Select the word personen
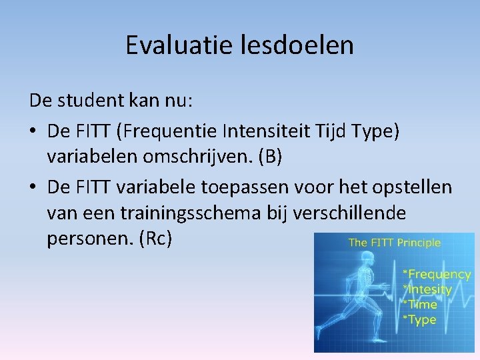(x=87, y=239)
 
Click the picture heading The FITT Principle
(x=394, y=243)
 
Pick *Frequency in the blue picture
(x=437, y=274)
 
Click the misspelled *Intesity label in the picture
(x=427, y=289)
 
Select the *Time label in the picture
(x=420, y=304)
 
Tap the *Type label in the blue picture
(x=419, y=319)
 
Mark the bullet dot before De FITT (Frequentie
(x=34, y=133)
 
